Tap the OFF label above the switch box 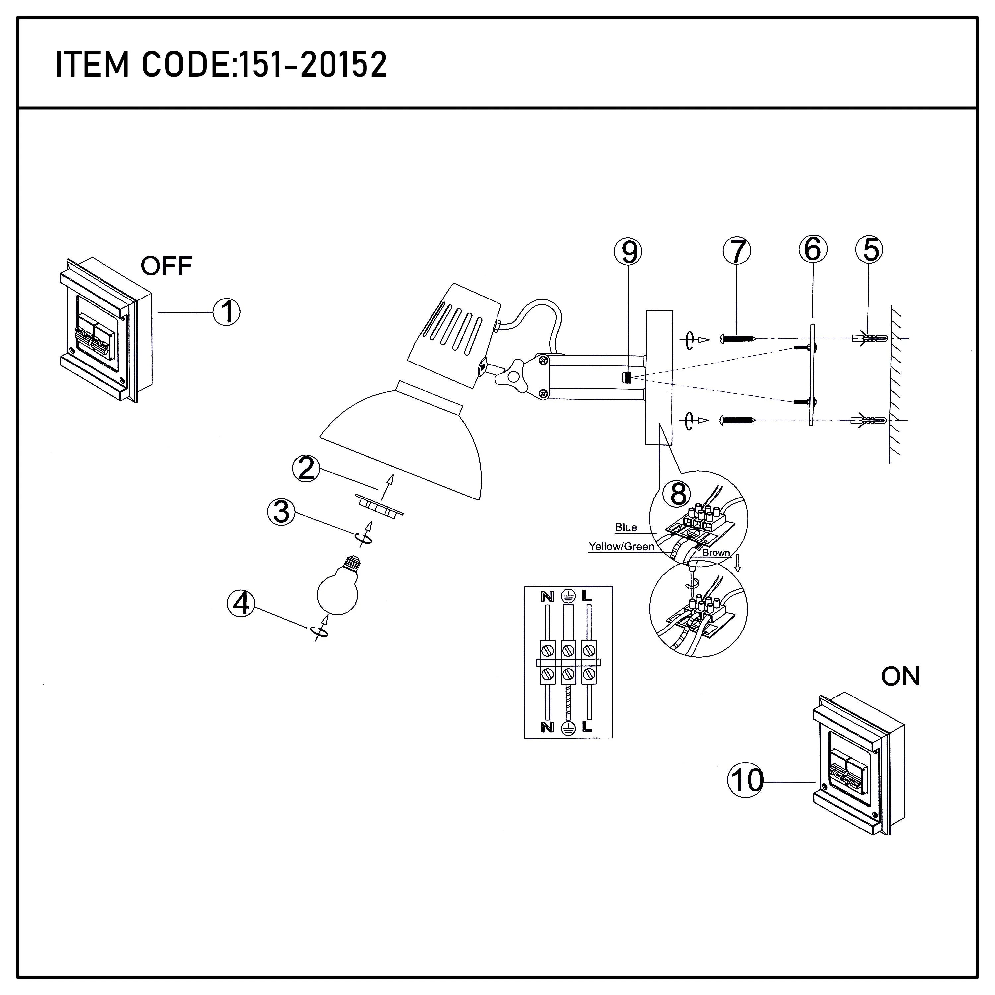click(x=166, y=266)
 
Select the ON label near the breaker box click(x=900, y=676)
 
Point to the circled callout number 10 click(x=746, y=781)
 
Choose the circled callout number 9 click(x=628, y=252)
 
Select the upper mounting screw click(x=738, y=339)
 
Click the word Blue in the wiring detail click(x=626, y=527)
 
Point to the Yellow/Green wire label click(x=621, y=547)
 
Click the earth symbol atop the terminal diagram click(x=567, y=596)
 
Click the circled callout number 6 click(x=812, y=249)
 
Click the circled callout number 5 click(x=869, y=250)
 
